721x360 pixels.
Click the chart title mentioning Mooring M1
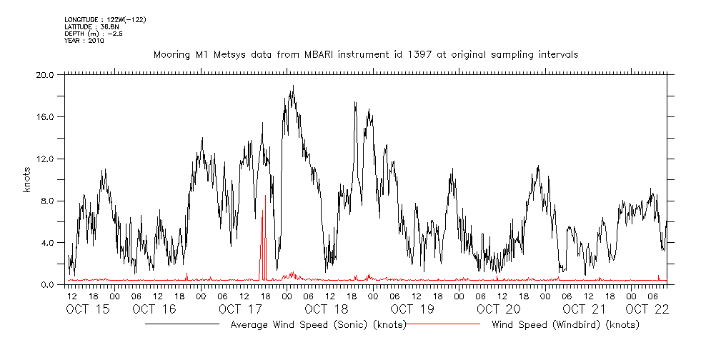coord(365,54)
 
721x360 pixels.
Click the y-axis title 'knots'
coord(26,179)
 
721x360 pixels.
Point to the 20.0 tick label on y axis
coord(45,74)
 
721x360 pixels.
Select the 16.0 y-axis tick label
coord(45,116)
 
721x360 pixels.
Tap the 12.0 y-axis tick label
coord(45,159)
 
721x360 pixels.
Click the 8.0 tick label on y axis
coord(47,201)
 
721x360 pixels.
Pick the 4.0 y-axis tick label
coord(47,243)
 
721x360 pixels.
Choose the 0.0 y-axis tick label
coord(47,285)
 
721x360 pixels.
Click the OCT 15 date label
coord(88,309)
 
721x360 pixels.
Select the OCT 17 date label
coord(241,309)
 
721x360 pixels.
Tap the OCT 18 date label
coord(326,309)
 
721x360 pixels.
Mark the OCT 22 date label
coord(647,309)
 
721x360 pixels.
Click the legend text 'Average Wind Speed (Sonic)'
coord(318,325)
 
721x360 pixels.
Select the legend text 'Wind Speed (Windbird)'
coord(565,325)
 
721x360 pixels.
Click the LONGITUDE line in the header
coord(105,20)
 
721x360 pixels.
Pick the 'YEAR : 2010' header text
coord(84,41)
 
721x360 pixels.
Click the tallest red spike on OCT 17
coord(265,196)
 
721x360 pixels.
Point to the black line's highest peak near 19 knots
coord(293,86)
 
